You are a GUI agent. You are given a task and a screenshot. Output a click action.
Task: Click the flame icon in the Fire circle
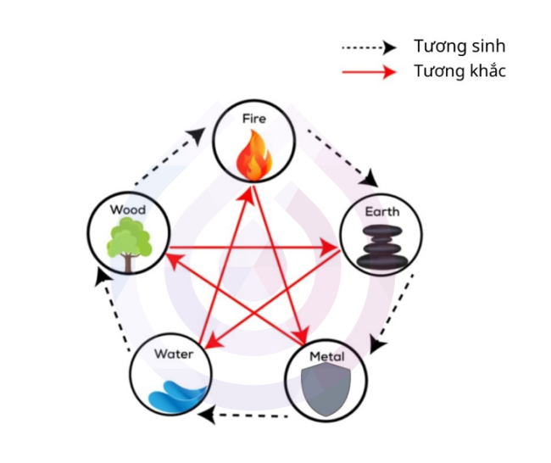tap(253, 157)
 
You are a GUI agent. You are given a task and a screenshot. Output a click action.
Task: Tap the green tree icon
tap(129, 243)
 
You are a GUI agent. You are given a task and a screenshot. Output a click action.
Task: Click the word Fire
tap(253, 119)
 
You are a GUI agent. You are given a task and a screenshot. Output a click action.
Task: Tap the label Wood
tap(128, 209)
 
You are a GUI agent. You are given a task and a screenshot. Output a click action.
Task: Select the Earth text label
tap(381, 211)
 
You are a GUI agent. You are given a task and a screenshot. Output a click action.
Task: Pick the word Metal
tap(326, 356)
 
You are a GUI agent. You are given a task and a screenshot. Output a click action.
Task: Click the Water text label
tap(173, 353)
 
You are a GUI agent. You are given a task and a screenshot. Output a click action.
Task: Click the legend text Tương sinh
tap(459, 46)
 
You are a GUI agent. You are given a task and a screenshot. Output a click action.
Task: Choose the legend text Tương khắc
tap(459, 71)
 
